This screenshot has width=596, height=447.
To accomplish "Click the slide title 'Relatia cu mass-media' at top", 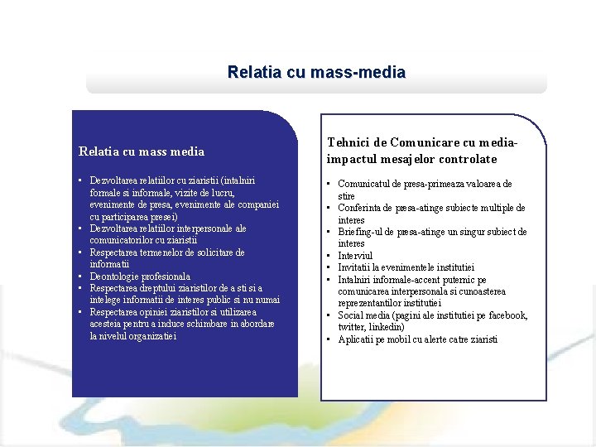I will coord(316,73).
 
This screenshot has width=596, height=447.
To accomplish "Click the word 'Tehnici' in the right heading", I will coord(348,143).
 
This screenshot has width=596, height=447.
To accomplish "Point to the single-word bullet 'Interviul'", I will coord(356,256).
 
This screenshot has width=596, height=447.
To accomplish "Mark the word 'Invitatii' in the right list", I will coord(356,267).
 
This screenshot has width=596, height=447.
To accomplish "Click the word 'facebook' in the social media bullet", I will coord(507,315).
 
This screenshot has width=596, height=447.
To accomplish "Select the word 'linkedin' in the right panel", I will coord(387,328).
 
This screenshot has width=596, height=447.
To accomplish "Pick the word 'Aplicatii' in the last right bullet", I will coord(357,339).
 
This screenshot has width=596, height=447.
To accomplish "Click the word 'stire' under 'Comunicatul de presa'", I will coord(347,196).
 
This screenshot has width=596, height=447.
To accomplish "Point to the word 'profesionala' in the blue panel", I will coord(166,276).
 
